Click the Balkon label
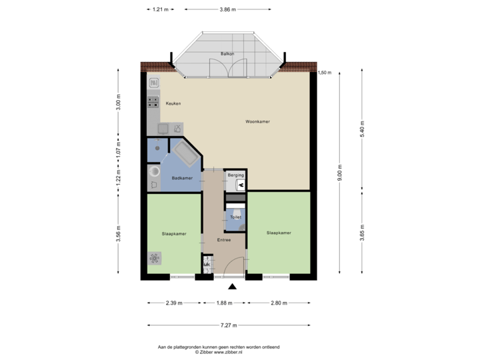tap(227, 53)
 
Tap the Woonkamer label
tap(257, 122)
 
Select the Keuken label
tap(173, 104)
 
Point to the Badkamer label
tap(182, 178)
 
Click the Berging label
tap(236, 175)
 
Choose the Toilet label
tap(235, 217)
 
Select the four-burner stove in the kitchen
tap(153, 102)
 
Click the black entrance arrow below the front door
tap(232, 287)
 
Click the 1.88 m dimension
tap(224, 303)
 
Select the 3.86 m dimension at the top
tap(228, 10)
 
